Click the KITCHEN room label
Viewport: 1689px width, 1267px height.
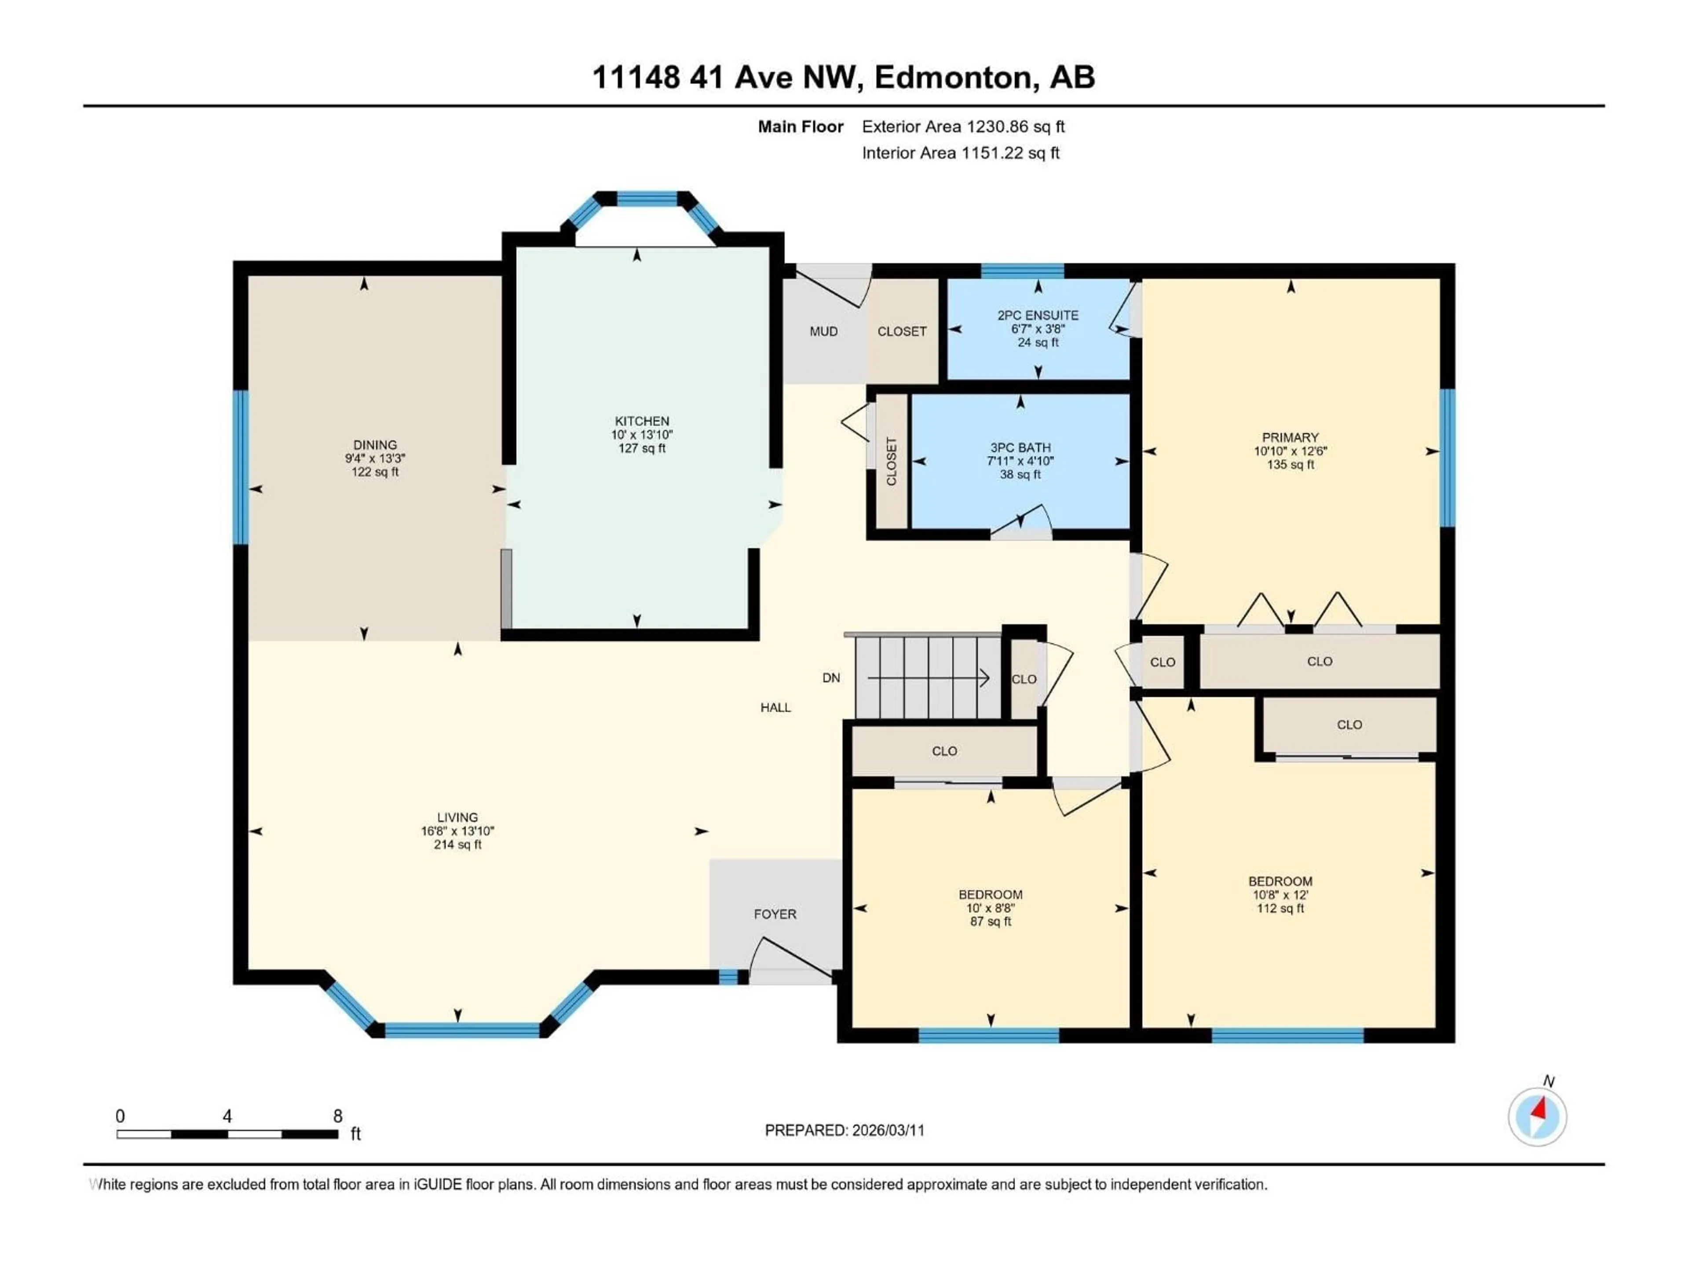click(641, 421)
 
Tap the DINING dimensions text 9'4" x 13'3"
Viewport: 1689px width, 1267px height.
click(375, 458)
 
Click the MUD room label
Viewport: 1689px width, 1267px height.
click(823, 331)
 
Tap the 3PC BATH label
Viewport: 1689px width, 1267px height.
click(1020, 447)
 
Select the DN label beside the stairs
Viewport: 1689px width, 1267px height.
click(831, 677)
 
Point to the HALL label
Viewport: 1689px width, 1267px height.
click(775, 708)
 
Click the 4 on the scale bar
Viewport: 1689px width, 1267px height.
click(227, 1116)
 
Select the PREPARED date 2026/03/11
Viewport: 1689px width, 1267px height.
click(888, 1130)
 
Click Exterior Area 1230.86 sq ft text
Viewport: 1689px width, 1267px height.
click(963, 127)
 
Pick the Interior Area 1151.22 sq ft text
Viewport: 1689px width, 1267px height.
click(961, 153)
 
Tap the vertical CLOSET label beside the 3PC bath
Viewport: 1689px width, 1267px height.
click(891, 461)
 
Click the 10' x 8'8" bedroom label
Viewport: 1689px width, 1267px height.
click(991, 908)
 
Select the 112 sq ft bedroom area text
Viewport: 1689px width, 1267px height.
click(1280, 908)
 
